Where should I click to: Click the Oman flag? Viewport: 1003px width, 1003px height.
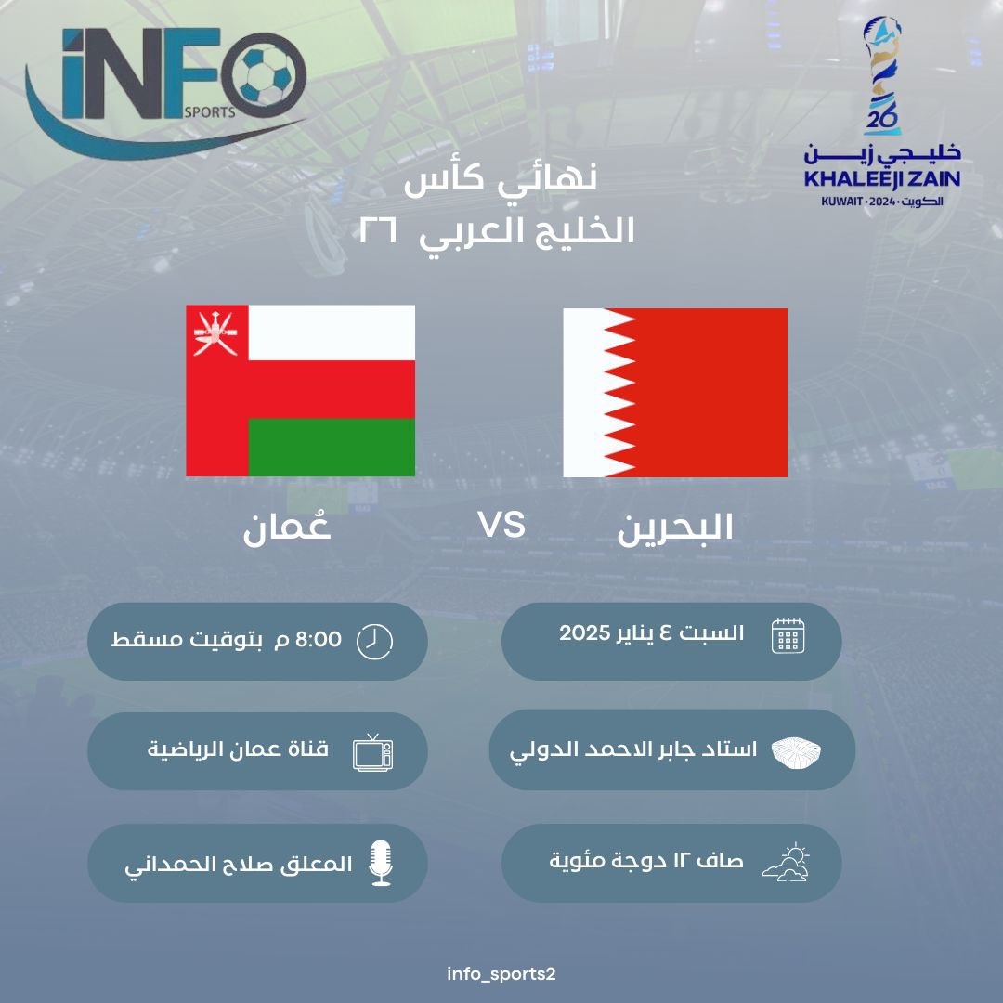[x=300, y=390]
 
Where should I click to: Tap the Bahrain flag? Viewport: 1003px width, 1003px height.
[x=675, y=393]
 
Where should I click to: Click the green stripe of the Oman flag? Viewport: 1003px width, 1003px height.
[x=331, y=447]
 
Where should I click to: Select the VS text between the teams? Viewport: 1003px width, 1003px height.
[x=501, y=526]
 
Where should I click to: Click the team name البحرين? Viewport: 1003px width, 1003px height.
[x=675, y=527]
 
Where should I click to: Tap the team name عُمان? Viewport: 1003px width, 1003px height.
[x=287, y=528]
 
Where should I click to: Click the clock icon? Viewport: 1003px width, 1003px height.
[x=374, y=641]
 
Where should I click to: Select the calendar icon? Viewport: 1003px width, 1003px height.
[x=788, y=638]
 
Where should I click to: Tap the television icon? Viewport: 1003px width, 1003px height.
[x=373, y=751]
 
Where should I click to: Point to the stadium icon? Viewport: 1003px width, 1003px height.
[x=798, y=751]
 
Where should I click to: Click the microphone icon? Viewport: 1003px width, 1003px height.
[x=380, y=863]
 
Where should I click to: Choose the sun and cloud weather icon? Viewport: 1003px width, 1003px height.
[x=786, y=863]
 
